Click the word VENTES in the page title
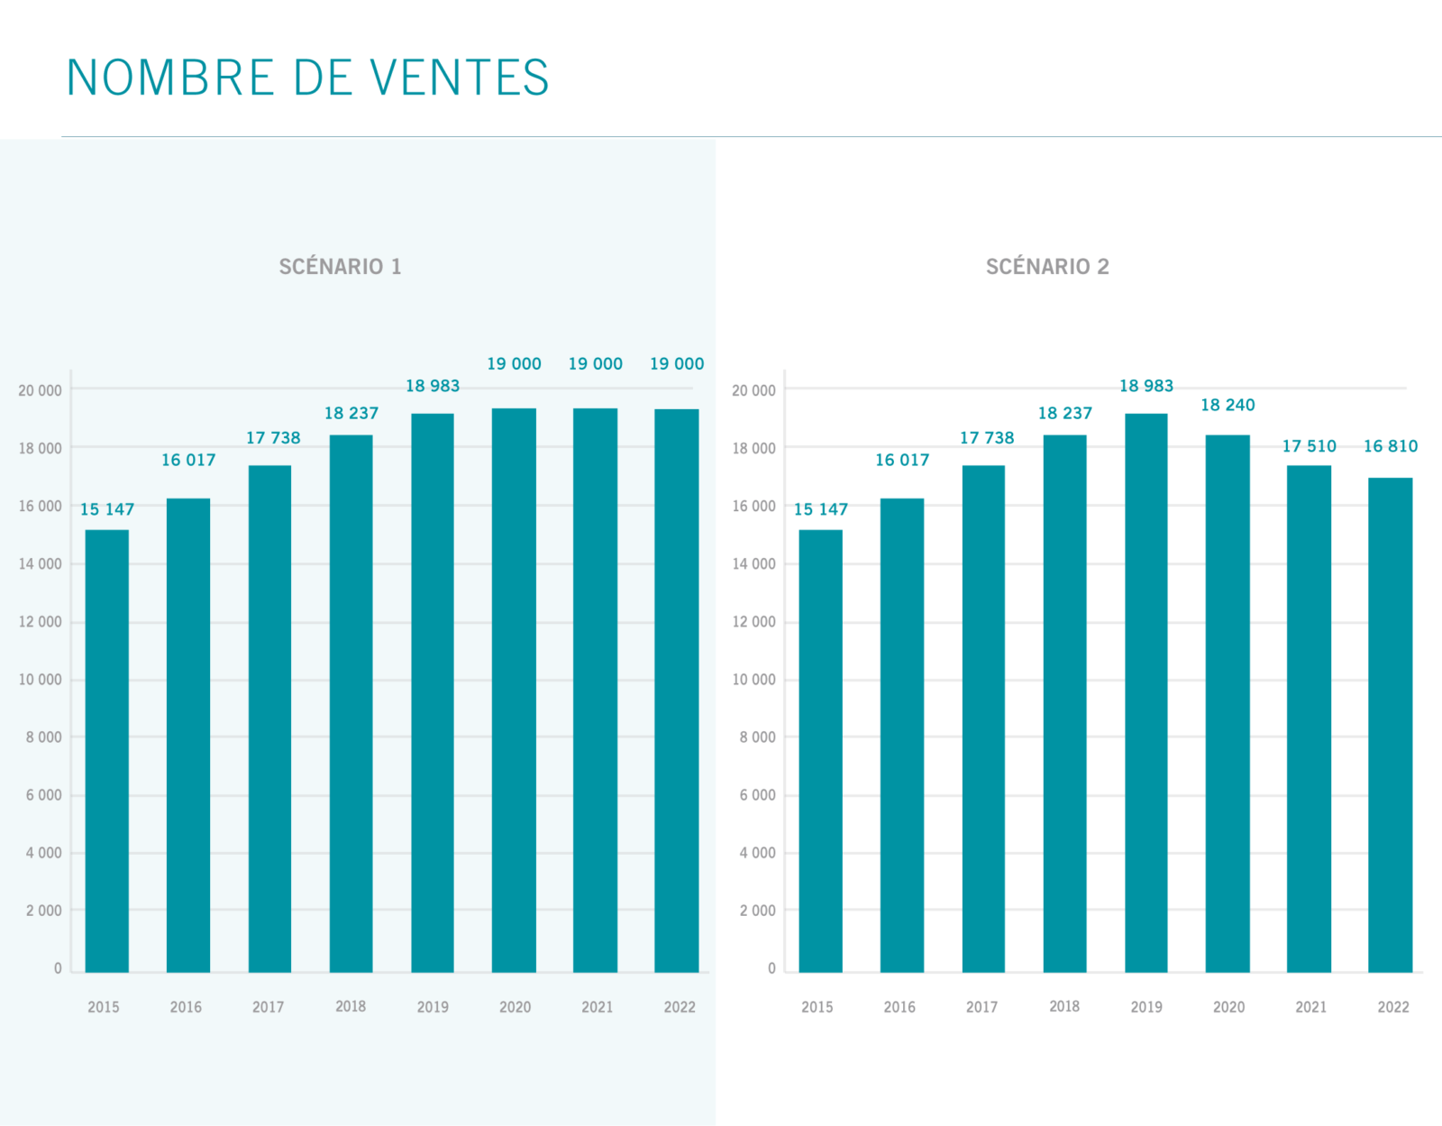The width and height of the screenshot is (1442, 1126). [x=459, y=78]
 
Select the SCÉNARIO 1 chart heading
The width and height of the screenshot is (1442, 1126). [x=340, y=267]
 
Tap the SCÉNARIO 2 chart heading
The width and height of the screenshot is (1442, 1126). [x=1047, y=267]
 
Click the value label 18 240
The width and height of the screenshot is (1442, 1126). [x=1228, y=406]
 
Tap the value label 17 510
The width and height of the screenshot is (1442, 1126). [x=1309, y=446]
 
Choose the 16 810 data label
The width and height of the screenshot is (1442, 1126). [x=1390, y=446]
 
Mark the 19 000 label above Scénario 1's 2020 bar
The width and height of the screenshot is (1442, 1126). [x=514, y=364]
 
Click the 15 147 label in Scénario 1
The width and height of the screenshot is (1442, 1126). [x=107, y=509]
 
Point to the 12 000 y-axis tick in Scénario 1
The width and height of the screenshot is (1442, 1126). [x=41, y=622]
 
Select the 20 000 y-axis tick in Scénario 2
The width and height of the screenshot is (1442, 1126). [x=753, y=390]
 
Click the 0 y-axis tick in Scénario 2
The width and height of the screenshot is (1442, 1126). [x=771, y=968]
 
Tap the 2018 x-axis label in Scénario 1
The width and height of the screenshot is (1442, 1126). [x=351, y=1006]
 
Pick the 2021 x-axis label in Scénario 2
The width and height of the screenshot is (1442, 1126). [x=1310, y=1007]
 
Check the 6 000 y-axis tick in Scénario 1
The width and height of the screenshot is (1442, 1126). [x=43, y=795]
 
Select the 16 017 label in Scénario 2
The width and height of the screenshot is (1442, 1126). [x=902, y=461]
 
